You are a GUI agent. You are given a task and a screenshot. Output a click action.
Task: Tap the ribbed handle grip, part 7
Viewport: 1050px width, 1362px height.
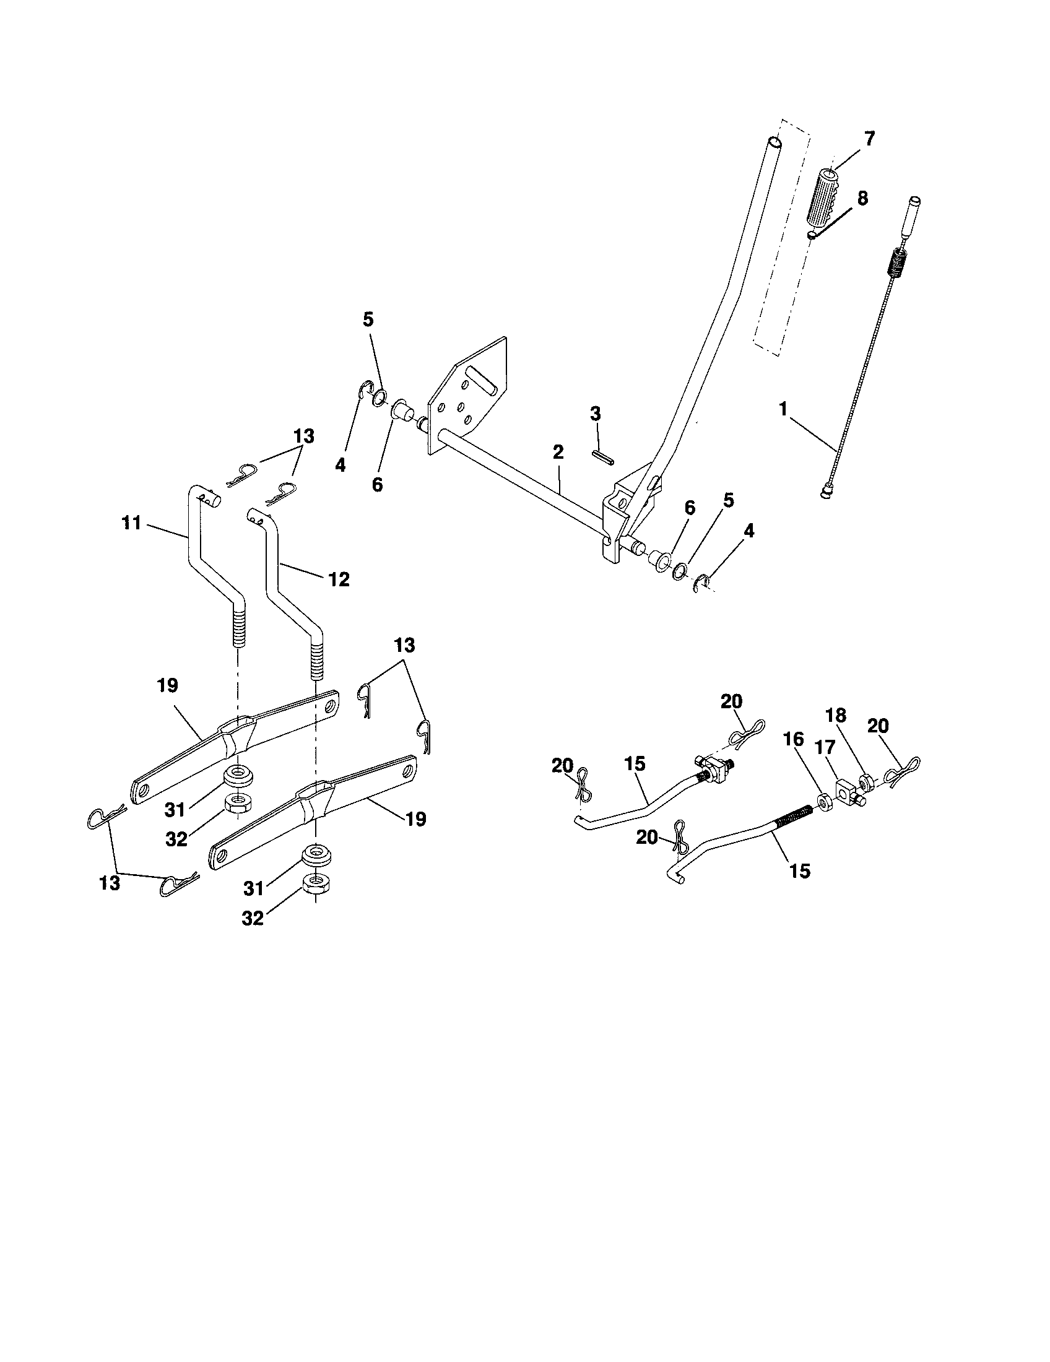click(824, 197)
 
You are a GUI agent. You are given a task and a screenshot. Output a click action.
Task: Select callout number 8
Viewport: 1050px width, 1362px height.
click(862, 199)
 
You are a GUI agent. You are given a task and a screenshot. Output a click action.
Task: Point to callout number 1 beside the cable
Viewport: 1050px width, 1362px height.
click(783, 410)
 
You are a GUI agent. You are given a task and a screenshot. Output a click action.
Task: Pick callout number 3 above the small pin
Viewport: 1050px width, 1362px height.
click(595, 414)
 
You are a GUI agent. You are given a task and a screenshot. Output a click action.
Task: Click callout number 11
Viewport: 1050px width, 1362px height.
click(132, 523)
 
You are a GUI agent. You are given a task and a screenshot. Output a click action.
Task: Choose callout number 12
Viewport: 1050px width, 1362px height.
click(339, 579)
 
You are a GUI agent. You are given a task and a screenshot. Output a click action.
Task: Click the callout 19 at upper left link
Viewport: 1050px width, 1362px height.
click(168, 685)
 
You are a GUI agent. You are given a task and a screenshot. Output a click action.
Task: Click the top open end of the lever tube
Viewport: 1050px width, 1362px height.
click(773, 142)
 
